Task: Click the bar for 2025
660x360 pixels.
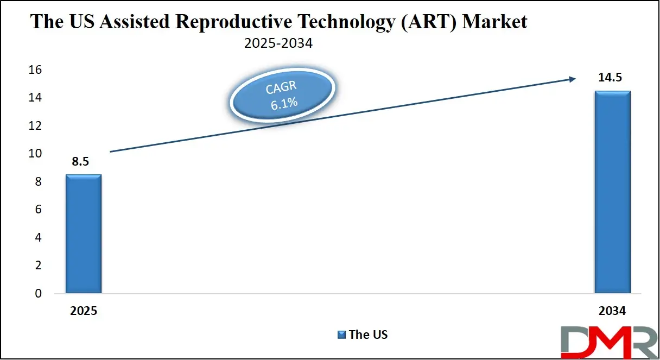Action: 84,234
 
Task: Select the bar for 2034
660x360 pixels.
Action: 612,192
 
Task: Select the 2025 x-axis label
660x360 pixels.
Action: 84,312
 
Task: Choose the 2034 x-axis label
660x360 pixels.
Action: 612,312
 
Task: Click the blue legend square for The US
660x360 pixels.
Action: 341,334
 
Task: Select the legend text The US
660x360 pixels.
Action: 368,334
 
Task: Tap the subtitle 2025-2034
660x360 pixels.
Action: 278,43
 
